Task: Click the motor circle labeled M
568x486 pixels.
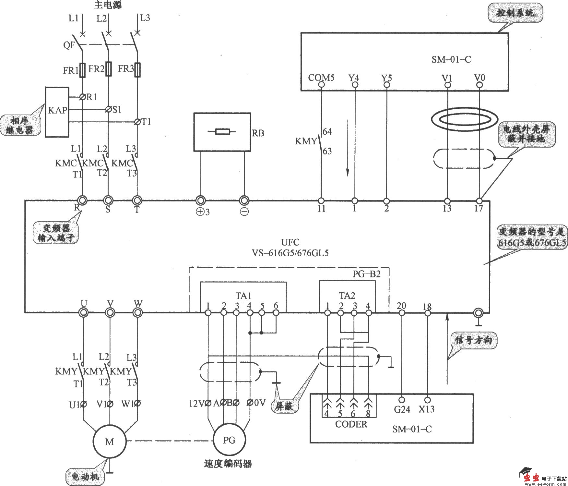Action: point(109,441)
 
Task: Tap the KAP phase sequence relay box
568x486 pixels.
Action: point(57,112)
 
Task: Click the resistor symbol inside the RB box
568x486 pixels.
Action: point(222,132)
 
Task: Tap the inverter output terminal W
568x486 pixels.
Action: point(137,312)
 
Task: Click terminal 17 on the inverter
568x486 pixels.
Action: point(479,201)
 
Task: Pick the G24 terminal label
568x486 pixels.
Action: point(402,409)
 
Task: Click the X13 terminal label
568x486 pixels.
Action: point(426,409)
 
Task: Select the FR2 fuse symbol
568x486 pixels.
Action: point(109,69)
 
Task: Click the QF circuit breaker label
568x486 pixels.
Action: point(69,45)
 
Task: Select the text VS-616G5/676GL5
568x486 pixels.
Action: point(290,253)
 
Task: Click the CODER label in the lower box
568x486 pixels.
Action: point(351,424)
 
